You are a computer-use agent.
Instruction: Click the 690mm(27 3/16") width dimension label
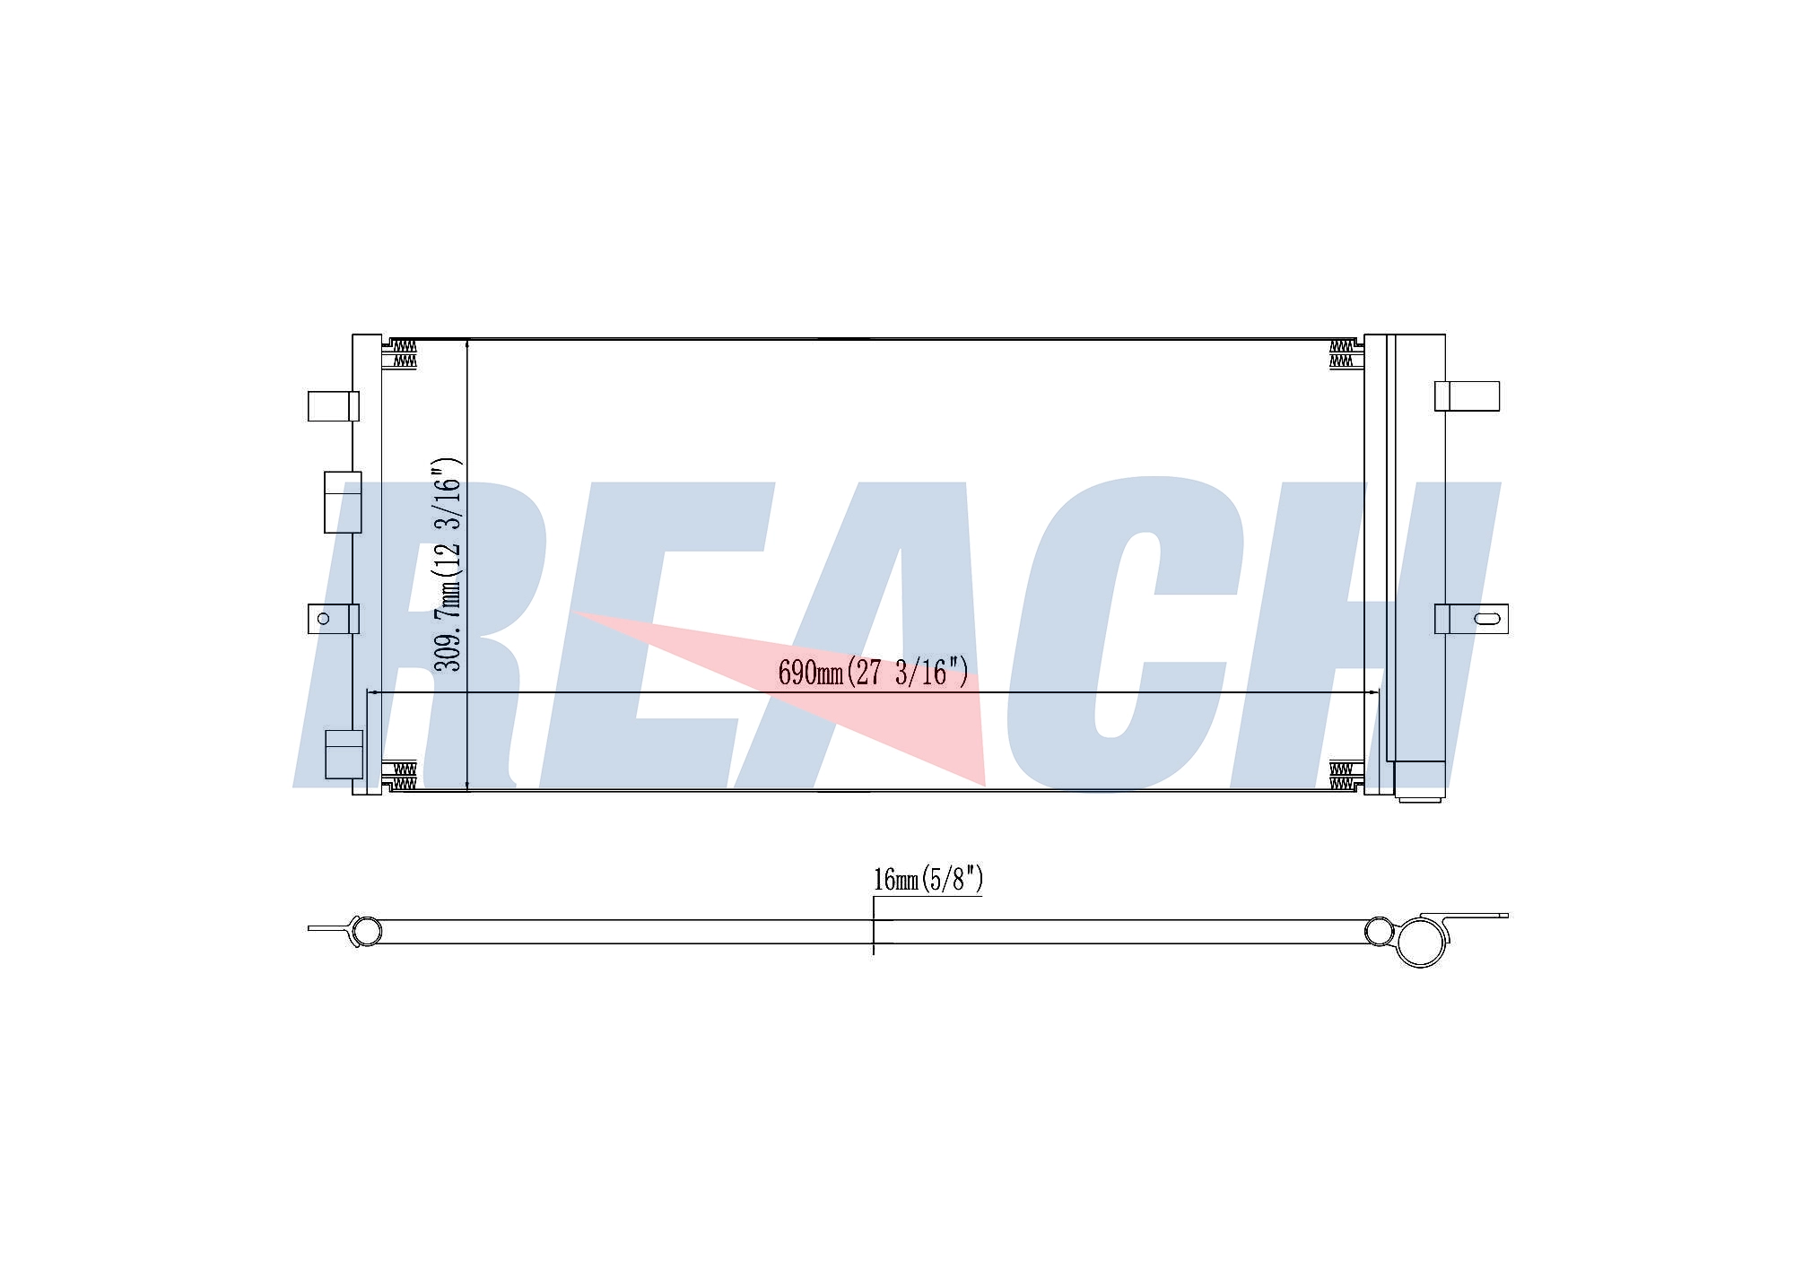[873, 672]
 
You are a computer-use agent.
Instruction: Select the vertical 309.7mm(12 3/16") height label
[448, 564]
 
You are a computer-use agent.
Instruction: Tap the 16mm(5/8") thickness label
[928, 879]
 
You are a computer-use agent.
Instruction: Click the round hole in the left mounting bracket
[324, 618]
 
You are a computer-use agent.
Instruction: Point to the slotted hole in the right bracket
[1486, 618]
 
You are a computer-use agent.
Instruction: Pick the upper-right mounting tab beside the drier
[1467, 396]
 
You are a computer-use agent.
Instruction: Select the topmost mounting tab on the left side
[333, 406]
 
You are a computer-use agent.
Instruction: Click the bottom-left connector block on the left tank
[344, 754]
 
